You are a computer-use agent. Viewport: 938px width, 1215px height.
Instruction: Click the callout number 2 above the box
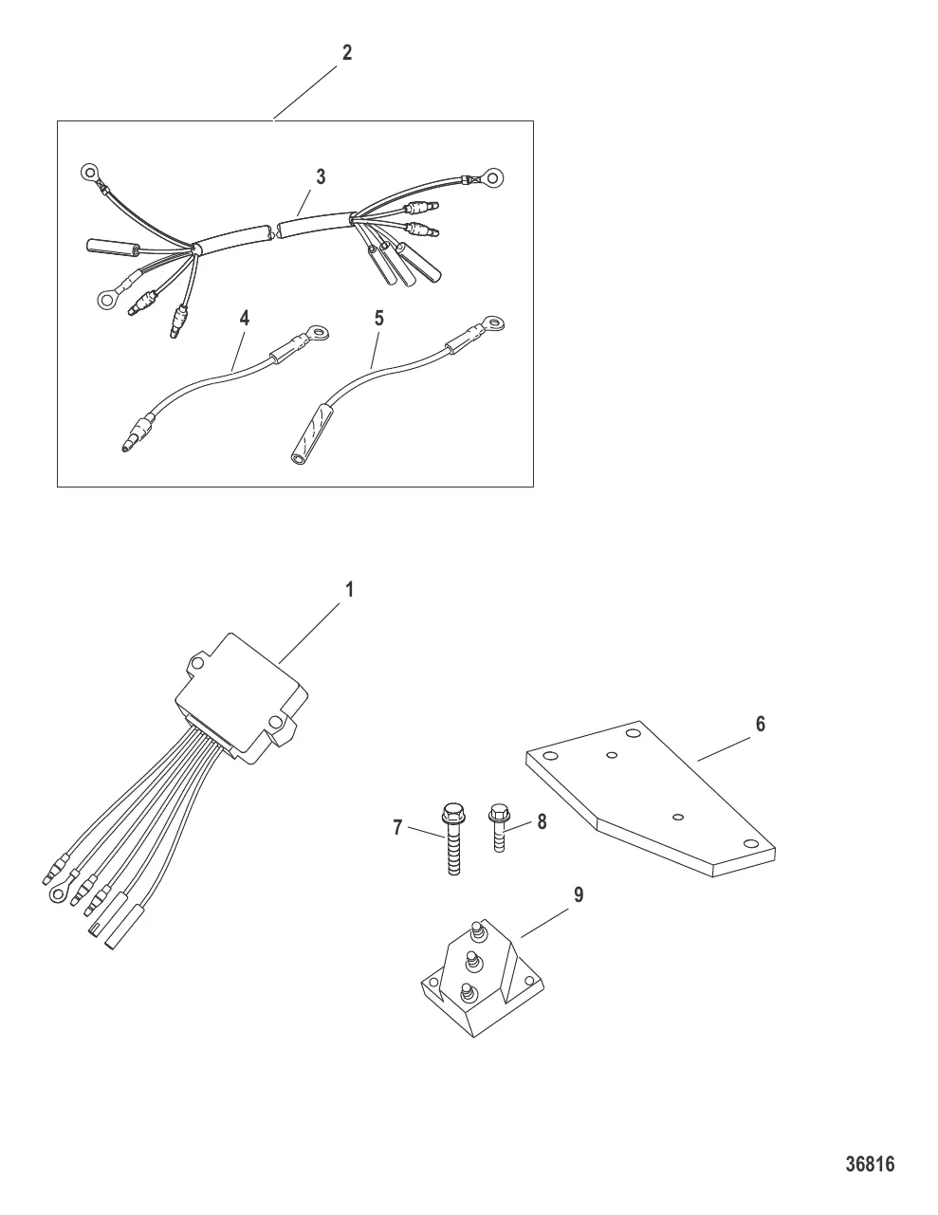tap(347, 53)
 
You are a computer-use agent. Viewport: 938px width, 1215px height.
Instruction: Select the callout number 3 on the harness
tap(321, 176)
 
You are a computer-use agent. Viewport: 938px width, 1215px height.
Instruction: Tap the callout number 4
tap(245, 319)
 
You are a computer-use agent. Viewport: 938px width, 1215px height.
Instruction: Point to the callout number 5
tap(379, 319)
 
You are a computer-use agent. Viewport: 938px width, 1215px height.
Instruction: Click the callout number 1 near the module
tap(350, 589)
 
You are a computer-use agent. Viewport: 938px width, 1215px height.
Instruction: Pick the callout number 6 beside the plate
tap(761, 724)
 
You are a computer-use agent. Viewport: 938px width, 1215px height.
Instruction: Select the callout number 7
tap(397, 827)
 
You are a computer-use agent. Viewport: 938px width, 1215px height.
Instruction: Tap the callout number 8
tap(542, 822)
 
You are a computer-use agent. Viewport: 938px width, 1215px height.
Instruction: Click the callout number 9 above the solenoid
tap(579, 894)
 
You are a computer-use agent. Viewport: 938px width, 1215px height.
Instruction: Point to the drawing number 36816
tap(870, 1165)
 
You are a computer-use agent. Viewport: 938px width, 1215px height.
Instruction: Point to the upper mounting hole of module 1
tap(196, 663)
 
